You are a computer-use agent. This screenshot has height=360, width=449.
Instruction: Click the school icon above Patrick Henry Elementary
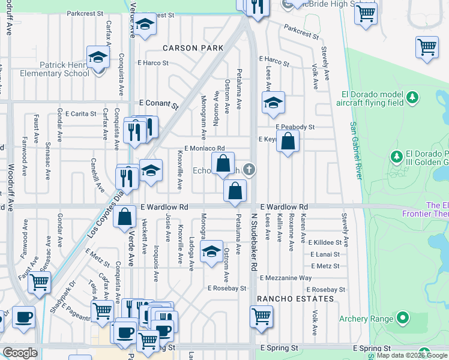tap(97, 58)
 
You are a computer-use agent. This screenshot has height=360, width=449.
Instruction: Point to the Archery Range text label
tap(366, 319)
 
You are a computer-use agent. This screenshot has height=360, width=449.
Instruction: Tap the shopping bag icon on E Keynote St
tap(288, 142)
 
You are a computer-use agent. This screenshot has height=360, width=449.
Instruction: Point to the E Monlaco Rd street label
tap(204, 148)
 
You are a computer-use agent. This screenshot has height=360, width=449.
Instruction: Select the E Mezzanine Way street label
tap(285, 278)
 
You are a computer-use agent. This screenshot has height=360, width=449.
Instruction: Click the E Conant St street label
tap(159, 104)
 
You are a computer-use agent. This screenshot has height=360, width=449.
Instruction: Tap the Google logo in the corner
tap(20, 352)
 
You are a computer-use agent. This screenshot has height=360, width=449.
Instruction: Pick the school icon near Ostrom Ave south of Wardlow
tap(211, 252)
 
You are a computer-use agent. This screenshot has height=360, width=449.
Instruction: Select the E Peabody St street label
tap(295, 127)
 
